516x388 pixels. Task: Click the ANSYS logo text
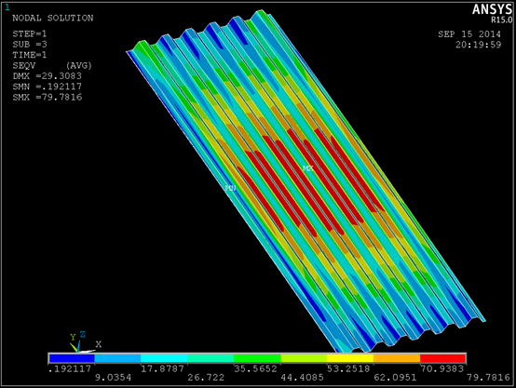point(492,9)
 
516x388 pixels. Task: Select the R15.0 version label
point(501,20)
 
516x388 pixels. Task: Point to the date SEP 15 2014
point(469,34)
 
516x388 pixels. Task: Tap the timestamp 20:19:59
point(478,45)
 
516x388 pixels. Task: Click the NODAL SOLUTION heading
point(53,18)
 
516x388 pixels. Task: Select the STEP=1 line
point(30,33)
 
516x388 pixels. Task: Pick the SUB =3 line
point(30,45)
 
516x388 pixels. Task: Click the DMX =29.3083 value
point(48,76)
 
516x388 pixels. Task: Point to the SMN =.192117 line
point(48,87)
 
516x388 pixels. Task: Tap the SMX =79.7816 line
point(48,97)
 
